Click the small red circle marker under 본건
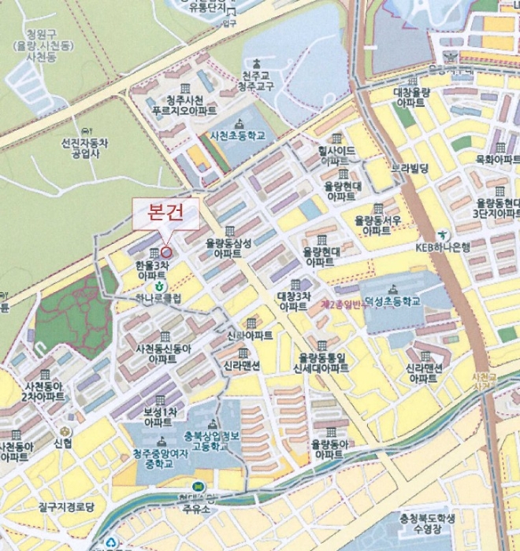[166, 252]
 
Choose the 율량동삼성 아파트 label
[228, 249]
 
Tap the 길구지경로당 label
[65, 508]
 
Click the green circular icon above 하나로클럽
[159, 286]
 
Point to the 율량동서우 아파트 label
[377, 225]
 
